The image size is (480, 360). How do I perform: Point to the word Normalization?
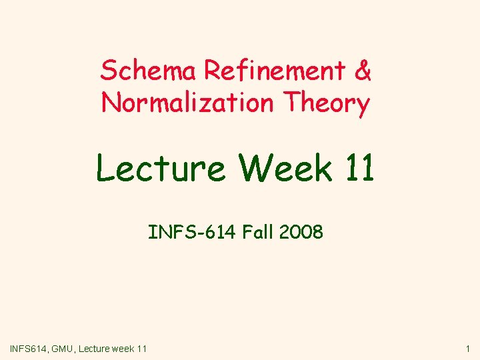tap(187, 103)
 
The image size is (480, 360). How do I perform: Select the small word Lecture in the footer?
tap(96, 348)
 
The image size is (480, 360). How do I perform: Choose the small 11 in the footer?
tap(142, 348)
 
